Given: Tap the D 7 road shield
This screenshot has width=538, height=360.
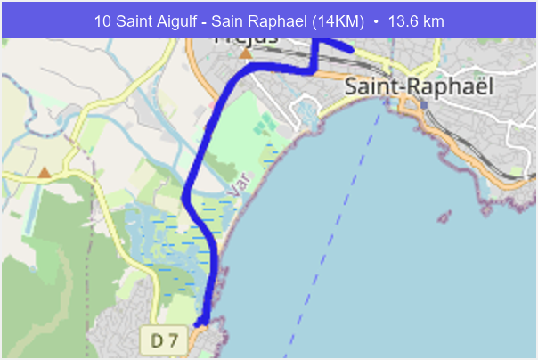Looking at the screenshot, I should (x=165, y=340).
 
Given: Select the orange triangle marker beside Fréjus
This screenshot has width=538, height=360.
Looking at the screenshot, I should (x=246, y=53).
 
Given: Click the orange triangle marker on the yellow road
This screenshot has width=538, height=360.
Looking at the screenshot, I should (x=45, y=171).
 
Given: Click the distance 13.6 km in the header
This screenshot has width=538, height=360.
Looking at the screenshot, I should (x=415, y=20).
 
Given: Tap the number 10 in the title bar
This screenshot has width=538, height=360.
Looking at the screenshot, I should (x=102, y=20).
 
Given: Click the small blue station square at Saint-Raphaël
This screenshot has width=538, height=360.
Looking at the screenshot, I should (x=424, y=104).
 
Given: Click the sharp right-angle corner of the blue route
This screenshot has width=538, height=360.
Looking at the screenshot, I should (x=314, y=70).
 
